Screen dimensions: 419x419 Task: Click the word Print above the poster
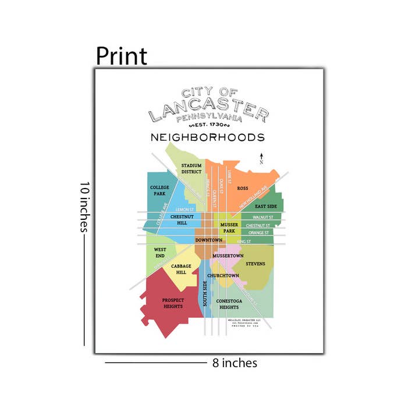(x=121, y=56)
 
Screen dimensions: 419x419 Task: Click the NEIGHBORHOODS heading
(x=208, y=138)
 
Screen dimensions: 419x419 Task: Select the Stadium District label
(x=191, y=169)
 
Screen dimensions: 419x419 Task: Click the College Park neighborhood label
(x=159, y=190)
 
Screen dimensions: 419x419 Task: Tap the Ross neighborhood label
(x=243, y=189)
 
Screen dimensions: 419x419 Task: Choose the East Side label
(x=266, y=207)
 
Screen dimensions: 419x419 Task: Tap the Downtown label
(x=209, y=240)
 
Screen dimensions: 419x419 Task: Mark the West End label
(x=160, y=253)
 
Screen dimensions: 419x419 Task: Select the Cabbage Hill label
(x=182, y=269)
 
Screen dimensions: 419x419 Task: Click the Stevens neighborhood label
(x=255, y=264)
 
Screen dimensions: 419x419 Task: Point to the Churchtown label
(x=223, y=275)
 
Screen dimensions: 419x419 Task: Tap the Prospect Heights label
(x=173, y=303)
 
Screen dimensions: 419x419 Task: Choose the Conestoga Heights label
(x=228, y=304)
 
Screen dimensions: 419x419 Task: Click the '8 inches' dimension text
(x=235, y=363)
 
